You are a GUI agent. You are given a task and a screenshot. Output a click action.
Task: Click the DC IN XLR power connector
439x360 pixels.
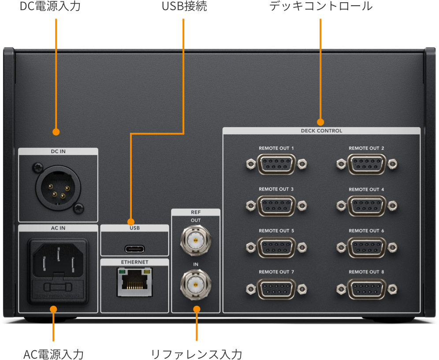click(58, 187)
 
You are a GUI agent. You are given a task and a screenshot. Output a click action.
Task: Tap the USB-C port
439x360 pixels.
click(135, 248)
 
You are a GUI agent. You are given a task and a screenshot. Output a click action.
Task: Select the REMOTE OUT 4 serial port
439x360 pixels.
click(366, 206)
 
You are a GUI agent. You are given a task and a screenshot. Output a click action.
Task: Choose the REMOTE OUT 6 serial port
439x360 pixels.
click(366, 247)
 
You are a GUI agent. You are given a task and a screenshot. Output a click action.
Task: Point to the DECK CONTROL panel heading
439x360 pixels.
click(321, 131)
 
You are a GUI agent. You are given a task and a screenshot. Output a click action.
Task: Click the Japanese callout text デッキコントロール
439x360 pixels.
click(321, 7)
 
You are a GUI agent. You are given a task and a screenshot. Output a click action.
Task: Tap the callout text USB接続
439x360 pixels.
click(184, 7)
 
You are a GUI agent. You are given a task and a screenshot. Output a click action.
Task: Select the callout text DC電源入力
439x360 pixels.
click(50, 7)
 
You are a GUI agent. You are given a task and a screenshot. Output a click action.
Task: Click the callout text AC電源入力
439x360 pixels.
click(53, 354)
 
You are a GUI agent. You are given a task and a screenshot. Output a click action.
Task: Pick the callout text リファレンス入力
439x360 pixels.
click(197, 354)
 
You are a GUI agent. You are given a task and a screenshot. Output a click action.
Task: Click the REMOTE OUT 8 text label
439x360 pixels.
click(366, 272)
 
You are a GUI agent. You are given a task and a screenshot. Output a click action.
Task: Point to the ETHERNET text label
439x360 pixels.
click(135, 262)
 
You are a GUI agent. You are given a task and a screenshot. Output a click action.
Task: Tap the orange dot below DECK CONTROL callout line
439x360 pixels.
click(320, 121)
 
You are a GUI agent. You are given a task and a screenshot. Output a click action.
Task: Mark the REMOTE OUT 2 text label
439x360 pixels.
click(366, 148)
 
